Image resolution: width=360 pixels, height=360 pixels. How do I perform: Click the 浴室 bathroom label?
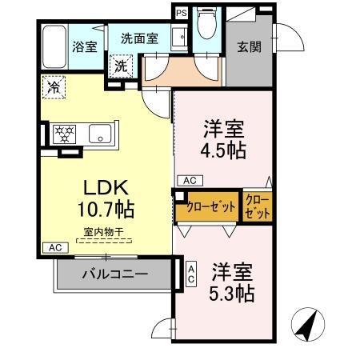pyautogui.click(x=83, y=46)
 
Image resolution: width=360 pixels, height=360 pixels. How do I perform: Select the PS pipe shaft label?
pyautogui.click(x=181, y=14)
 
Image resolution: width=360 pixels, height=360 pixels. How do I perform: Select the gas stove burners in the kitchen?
pyautogui.click(x=64, y=134)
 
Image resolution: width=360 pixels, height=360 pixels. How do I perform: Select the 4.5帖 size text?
pyautogui.click(x=223, y=150)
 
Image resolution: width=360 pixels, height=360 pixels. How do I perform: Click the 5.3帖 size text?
pyautogui.click(x=234, y=293)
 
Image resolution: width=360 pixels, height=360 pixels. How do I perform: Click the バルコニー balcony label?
pyautogui.click(x=114, y=274)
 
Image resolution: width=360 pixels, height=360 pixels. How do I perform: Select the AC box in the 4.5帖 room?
pyautogui.click(x=190, y=180)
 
